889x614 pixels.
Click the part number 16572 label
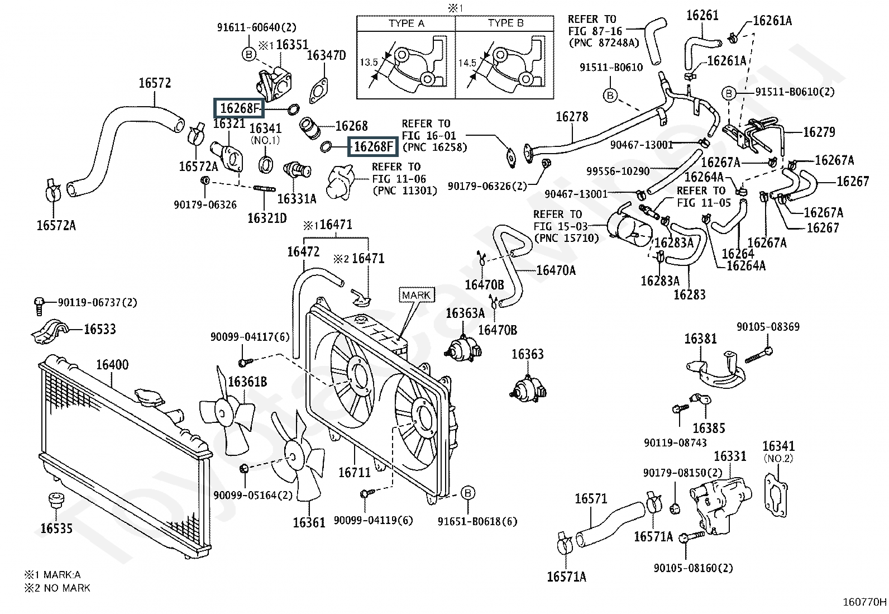coord(155,83)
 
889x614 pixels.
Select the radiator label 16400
coord(112,365)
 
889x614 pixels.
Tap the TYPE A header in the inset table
coord(406,23)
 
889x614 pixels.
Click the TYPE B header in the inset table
coord(505,23)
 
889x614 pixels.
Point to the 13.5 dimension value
coord(369,63)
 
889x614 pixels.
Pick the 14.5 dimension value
coord(467,63)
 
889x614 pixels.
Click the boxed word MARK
coord(417,295)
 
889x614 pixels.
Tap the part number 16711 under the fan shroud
coord(354,473)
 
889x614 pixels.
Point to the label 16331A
coord(297,198)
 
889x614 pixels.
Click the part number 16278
coord(572,117)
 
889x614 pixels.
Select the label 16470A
coord(556,270)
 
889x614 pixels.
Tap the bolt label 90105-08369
coord(768,327)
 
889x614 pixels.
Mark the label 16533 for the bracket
coord(100,329)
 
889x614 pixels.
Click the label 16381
coord(701,339)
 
